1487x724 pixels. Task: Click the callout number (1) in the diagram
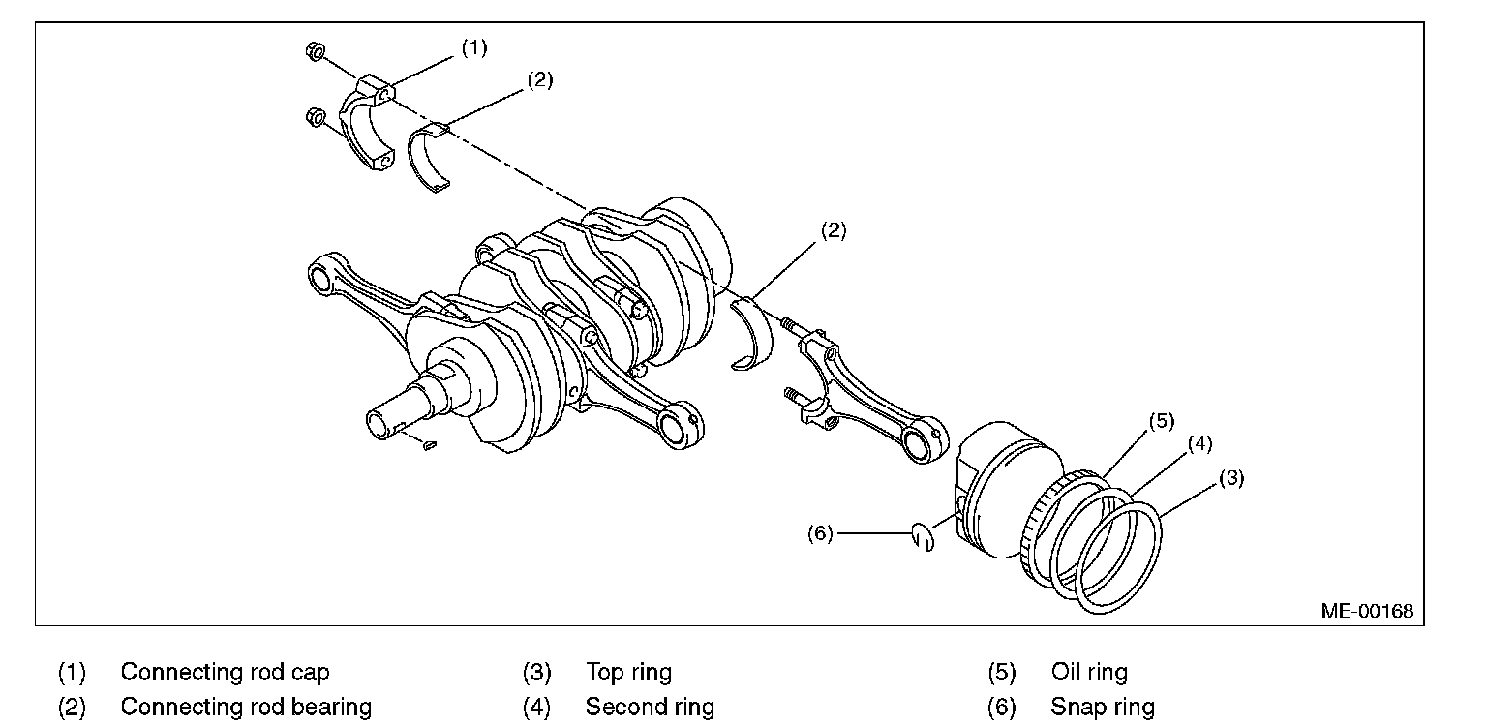pyautogui.click(x=473, y=47)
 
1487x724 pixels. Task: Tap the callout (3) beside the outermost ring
pyautogui.click(x=1229, y=477)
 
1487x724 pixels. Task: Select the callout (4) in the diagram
pyautogui.click(x=1199, y=444)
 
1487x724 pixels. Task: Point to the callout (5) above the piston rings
pyautogui.click(x=1161, y=421)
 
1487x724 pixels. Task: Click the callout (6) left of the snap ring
pyautogui.click(x=820, y=533)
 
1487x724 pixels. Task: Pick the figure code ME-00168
pyautogui.click(x=1366, y=611)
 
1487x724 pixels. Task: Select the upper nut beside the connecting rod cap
pyautogui.click(x=314, y=50)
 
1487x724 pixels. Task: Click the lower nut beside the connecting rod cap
pyautogui.click(x=314, y=118)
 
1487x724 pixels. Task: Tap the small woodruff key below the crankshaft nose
pyautogui.click(x=431, y=445)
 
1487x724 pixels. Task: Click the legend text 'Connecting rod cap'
pyautogui.click(x=225, y=672)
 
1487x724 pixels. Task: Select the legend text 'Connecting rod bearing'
pyautogui.click(x=246, y=707)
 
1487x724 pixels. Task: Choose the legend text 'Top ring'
pyautogui.click(x=628, y=672)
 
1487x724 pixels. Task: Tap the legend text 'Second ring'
pyautogui.click(x=650, y=707)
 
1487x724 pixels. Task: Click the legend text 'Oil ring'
pyautogui.click(x=1089, y=672)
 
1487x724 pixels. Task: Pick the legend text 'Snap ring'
pyautogui.click(x=1102, y=707)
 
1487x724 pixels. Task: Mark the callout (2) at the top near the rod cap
pyautogui.click(x=540, y=80)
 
